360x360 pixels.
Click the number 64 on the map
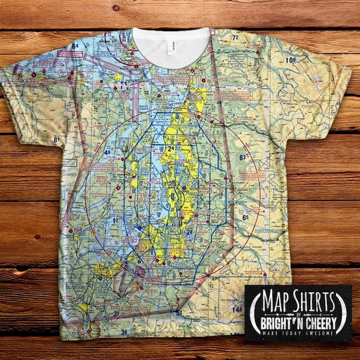tap(76, 46)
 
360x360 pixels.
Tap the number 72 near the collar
tap(235, 38)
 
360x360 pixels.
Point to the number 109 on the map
tap(291, 61)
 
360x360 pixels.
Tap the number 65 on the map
tap(245, 217)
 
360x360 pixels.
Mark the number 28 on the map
tap(189, 232)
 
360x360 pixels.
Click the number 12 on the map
tap(115, 221)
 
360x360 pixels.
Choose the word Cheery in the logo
tap(318, 322)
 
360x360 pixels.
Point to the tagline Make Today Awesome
tap(298, 333)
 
